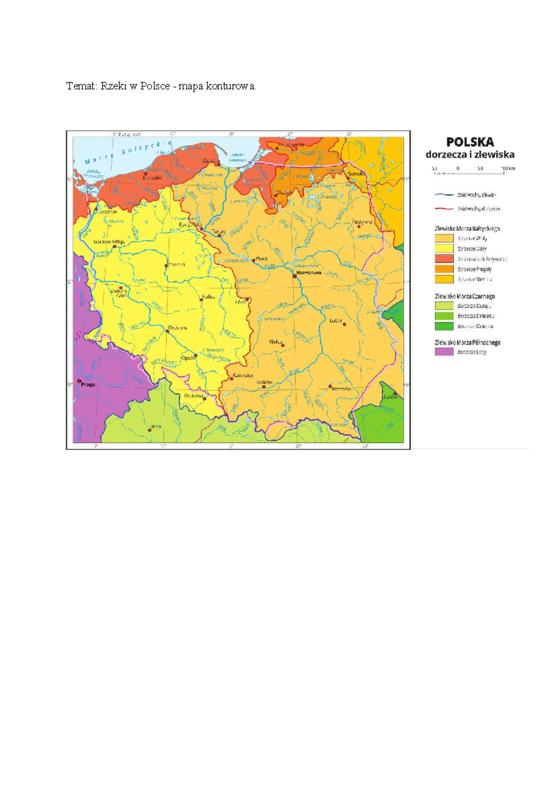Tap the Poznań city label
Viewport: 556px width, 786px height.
coord(177,265)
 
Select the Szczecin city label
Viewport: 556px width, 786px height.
coord(107,211)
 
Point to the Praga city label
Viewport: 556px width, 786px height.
coord(88,384)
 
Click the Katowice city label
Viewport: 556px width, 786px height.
coord(243,375)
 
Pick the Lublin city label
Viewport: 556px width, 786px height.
coord(336,320)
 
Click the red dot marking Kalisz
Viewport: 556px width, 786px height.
coord(201,299)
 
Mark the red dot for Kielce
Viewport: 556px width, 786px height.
coord(282,345)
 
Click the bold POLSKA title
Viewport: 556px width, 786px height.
coord(470,142)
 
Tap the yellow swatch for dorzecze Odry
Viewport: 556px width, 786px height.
coord(444,248)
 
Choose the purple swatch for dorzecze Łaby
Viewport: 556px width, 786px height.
coord(444,352)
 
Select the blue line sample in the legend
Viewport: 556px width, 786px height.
coord(444,195)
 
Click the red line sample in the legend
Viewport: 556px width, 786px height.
coord(444,209)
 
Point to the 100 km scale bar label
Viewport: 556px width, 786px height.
coord(508,169)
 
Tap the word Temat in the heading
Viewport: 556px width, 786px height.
coord(81,86)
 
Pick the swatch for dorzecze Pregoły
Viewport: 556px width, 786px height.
coord(444,269)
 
